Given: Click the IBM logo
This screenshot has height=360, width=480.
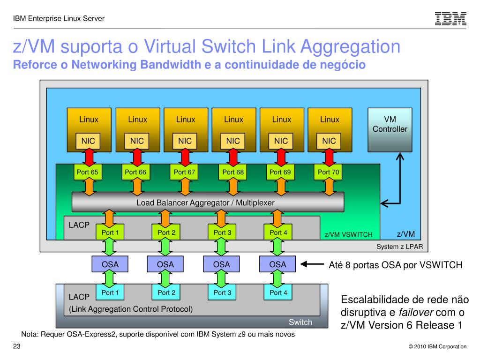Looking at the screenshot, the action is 450,19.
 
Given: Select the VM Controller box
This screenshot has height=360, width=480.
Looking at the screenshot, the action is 390,130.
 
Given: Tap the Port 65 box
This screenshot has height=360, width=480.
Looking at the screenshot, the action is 88,172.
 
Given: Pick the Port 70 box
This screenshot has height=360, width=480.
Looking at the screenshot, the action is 328,172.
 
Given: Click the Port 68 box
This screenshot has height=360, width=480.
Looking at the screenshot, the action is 233,172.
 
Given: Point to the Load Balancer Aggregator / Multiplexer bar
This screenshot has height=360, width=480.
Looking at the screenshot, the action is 208,202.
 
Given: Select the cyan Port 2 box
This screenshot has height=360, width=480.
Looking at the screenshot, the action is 166,292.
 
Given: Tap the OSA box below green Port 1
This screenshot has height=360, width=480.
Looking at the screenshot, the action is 110,264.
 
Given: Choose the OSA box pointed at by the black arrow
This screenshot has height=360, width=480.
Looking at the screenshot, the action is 277,264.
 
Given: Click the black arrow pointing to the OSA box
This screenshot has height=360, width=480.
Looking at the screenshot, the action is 312,264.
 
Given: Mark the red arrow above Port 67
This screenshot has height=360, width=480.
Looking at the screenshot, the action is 185,157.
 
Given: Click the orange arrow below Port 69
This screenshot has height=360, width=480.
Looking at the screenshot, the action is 281,187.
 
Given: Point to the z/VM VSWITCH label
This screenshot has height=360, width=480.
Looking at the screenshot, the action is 348,234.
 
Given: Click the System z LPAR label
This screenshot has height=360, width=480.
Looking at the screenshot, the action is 399,247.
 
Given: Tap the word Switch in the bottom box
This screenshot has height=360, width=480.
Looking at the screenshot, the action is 300,322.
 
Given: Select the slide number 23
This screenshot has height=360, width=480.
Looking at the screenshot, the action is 16,346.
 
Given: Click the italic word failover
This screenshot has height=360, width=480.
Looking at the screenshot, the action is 416,312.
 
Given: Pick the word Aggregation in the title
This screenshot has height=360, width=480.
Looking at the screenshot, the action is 350,47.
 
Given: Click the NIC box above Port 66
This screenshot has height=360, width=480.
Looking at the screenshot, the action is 137,141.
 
